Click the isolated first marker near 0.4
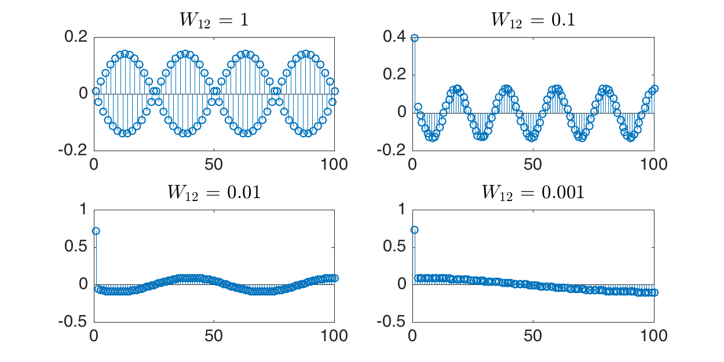click(x=414, y=38)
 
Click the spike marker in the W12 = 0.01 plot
click(x=96, y=231)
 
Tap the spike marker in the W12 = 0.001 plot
click(x=414, y=230)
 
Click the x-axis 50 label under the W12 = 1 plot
click(x=214, y=164)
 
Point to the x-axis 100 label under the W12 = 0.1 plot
click(x=654, y=164)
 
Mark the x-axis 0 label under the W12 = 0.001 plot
click(x=412, y=336)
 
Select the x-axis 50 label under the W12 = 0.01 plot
click(x=214, y=336)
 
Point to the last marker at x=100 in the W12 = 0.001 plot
click(x=654, y=292)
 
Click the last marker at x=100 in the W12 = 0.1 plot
click(x=654, y=89)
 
